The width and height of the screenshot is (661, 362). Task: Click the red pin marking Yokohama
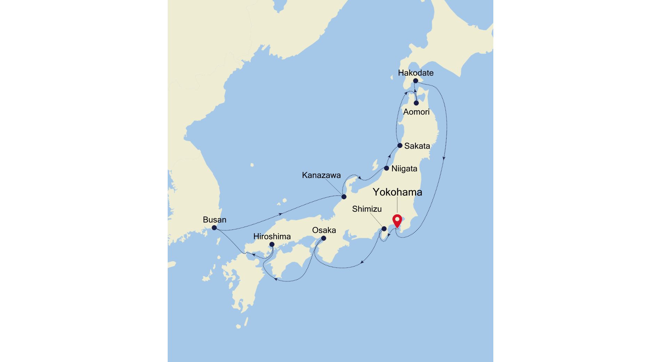[397, 221]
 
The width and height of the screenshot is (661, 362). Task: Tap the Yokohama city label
[397, 192]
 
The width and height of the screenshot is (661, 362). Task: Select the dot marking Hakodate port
[415, 81]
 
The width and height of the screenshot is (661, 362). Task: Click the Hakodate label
[416, 73]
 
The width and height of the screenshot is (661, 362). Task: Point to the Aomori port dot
[416, 103]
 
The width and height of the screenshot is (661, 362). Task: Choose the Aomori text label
[416, 112]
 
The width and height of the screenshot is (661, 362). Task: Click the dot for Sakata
[400, 145]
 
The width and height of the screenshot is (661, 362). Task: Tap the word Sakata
[417, 146]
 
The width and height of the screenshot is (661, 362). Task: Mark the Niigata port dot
[387, 168]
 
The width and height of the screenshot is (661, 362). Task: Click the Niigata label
[404, 169]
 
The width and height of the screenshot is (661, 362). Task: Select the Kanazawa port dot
[344, 197]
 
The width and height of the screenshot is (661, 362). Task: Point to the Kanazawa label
[321, 175]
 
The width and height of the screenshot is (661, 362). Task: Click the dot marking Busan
[214, 228]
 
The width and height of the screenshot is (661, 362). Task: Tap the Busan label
[214, 220]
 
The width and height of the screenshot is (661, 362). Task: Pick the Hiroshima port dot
[272, 245]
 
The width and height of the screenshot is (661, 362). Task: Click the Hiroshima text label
[272, 237]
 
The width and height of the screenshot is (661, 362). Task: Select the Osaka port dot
[324, 238]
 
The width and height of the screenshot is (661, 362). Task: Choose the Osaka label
[324, 230]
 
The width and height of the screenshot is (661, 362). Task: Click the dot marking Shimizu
[384, 229]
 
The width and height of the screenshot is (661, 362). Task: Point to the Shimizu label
[367, 209]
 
